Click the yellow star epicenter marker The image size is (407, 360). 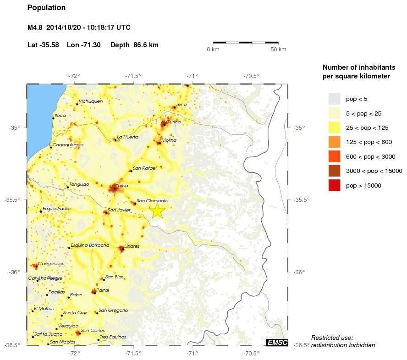point(157,210)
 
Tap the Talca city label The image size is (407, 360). point(122,186)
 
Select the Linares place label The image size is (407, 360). point(132,246)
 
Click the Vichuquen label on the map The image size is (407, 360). point(91,101)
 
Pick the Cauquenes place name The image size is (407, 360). point(51,264)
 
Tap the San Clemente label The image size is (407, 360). point(153,201)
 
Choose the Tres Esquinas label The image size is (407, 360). point(113,337)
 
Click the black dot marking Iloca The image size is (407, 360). point(54,118)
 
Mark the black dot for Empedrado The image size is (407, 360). point(41,211)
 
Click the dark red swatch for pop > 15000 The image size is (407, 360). point(334,185)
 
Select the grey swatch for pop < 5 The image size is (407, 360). point(334,99)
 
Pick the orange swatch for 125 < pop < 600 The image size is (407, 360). point(334,142)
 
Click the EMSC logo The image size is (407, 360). point(277,342)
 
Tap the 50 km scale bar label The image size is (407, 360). point(278,49)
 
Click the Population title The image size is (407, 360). point(46,8)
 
